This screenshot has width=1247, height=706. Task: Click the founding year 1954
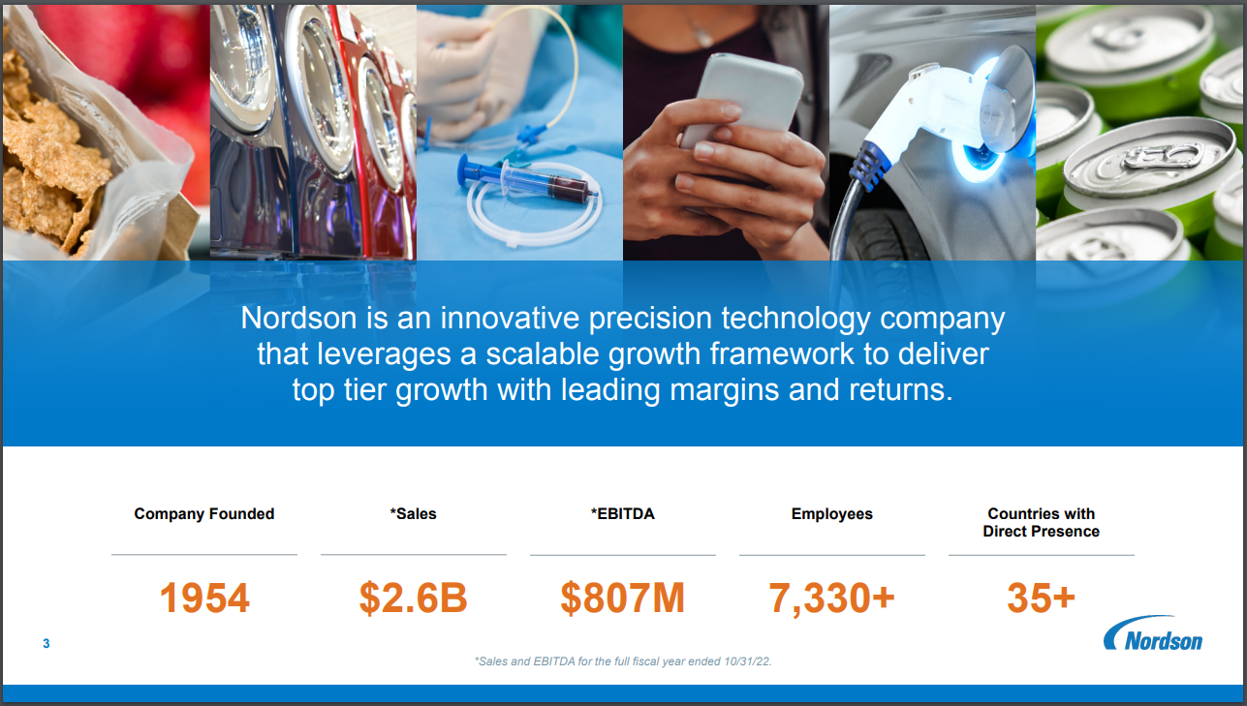click(x=204, y=599)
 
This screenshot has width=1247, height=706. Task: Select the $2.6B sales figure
click(x=413, y=599)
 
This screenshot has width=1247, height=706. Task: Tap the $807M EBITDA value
click(x=622, y=599)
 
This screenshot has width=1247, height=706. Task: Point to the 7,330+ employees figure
click(x=831, y=599)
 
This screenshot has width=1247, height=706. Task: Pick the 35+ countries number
click(x=1041, y=599)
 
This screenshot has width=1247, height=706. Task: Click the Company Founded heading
click(x=204, y=513)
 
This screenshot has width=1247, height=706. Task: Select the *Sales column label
click(x=413, y=513)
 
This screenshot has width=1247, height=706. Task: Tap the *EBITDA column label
click(x=622, y=513)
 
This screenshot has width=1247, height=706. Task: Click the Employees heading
click(x=831, y=513)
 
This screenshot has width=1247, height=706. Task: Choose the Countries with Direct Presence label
click(x=1041, y=522)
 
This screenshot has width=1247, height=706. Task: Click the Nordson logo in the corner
click(x=1153, y=633)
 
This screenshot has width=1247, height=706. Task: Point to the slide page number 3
click(x=47, y=644)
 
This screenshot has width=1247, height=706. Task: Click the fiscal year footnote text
click(x=623, y=661)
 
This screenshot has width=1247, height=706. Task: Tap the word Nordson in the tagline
click(x=299, y=318)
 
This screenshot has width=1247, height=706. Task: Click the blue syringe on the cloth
click(x=526, y=178)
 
